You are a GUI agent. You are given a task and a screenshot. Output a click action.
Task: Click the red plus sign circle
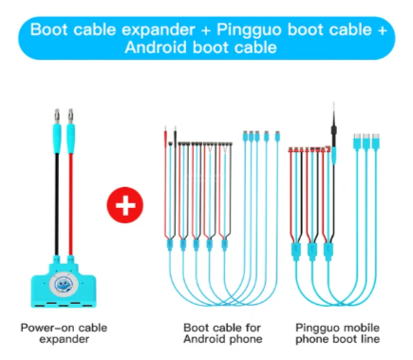click(125, 205)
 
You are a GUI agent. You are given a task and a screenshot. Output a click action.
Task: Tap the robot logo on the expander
click(64, 284)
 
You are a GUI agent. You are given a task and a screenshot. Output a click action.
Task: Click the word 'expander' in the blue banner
click(158, 29)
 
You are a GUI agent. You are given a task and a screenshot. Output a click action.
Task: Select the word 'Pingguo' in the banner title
click(249, 30)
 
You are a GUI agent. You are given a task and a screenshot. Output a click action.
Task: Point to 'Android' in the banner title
click(156, 47)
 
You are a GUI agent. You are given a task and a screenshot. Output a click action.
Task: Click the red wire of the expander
click(71, 204)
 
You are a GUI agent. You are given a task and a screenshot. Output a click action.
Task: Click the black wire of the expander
click(57, 204)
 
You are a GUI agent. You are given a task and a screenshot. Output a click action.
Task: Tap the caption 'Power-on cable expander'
click(64, 333)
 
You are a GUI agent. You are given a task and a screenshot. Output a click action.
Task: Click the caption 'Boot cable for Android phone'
click(223, 333)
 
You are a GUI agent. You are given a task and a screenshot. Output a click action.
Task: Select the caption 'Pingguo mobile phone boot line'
click(337, 333)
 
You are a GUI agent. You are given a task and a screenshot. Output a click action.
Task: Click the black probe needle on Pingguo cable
click(334, 123)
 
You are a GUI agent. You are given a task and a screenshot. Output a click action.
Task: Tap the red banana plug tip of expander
click(70, 116)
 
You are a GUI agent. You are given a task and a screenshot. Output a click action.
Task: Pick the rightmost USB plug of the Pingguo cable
click(376, 142)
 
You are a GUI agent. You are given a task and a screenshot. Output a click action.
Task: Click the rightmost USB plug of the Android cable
click(277, 136)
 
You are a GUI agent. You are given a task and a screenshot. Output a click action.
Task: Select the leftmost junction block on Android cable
click(170, 245)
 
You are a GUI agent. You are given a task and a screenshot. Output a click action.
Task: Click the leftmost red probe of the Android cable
click(165, 181)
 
